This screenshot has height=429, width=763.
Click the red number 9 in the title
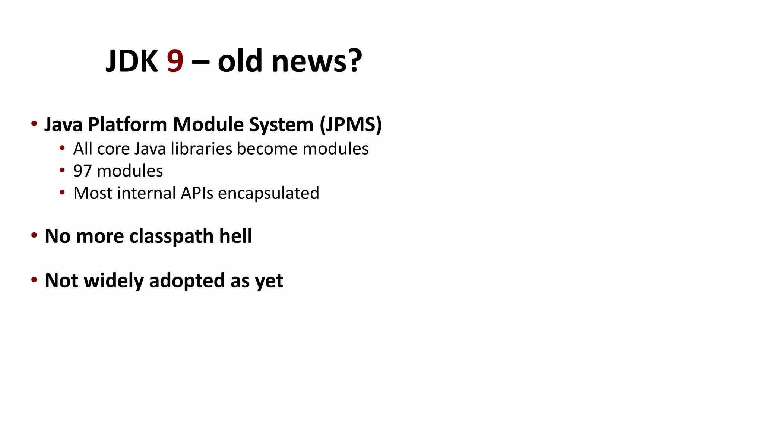pos(175,61)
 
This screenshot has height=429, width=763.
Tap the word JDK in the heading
pos(132,61)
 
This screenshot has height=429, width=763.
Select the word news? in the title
pos(317,61)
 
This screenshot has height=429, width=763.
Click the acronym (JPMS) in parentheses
pos(351,124)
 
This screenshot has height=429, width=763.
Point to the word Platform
pos(127,124)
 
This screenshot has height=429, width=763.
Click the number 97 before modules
pos(82,171)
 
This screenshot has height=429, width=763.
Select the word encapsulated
pos(268,193)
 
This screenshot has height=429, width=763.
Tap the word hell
pos(235,236)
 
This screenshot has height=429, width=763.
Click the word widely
pos(114,280)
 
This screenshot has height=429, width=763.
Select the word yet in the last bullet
pos(269,281)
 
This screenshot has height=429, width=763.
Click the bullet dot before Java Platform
pos(34,124)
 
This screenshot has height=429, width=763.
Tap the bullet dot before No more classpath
pos(34,235)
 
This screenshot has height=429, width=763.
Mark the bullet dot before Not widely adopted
pos(34,279)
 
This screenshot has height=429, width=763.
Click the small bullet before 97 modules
pos(62,171)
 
